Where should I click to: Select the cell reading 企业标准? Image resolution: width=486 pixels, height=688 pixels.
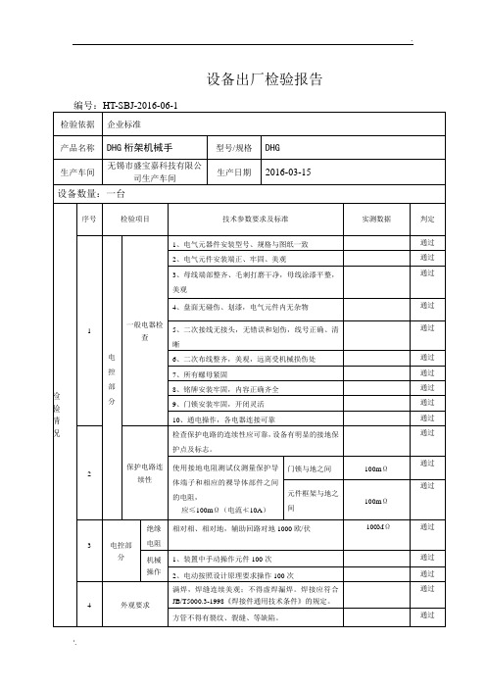tap(124, 125)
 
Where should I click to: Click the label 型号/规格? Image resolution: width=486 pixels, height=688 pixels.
tap(234, 148)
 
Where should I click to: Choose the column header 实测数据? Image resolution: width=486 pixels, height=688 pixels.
tap(376, 220)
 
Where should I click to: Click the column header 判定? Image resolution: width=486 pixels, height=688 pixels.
tap(427, 220)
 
